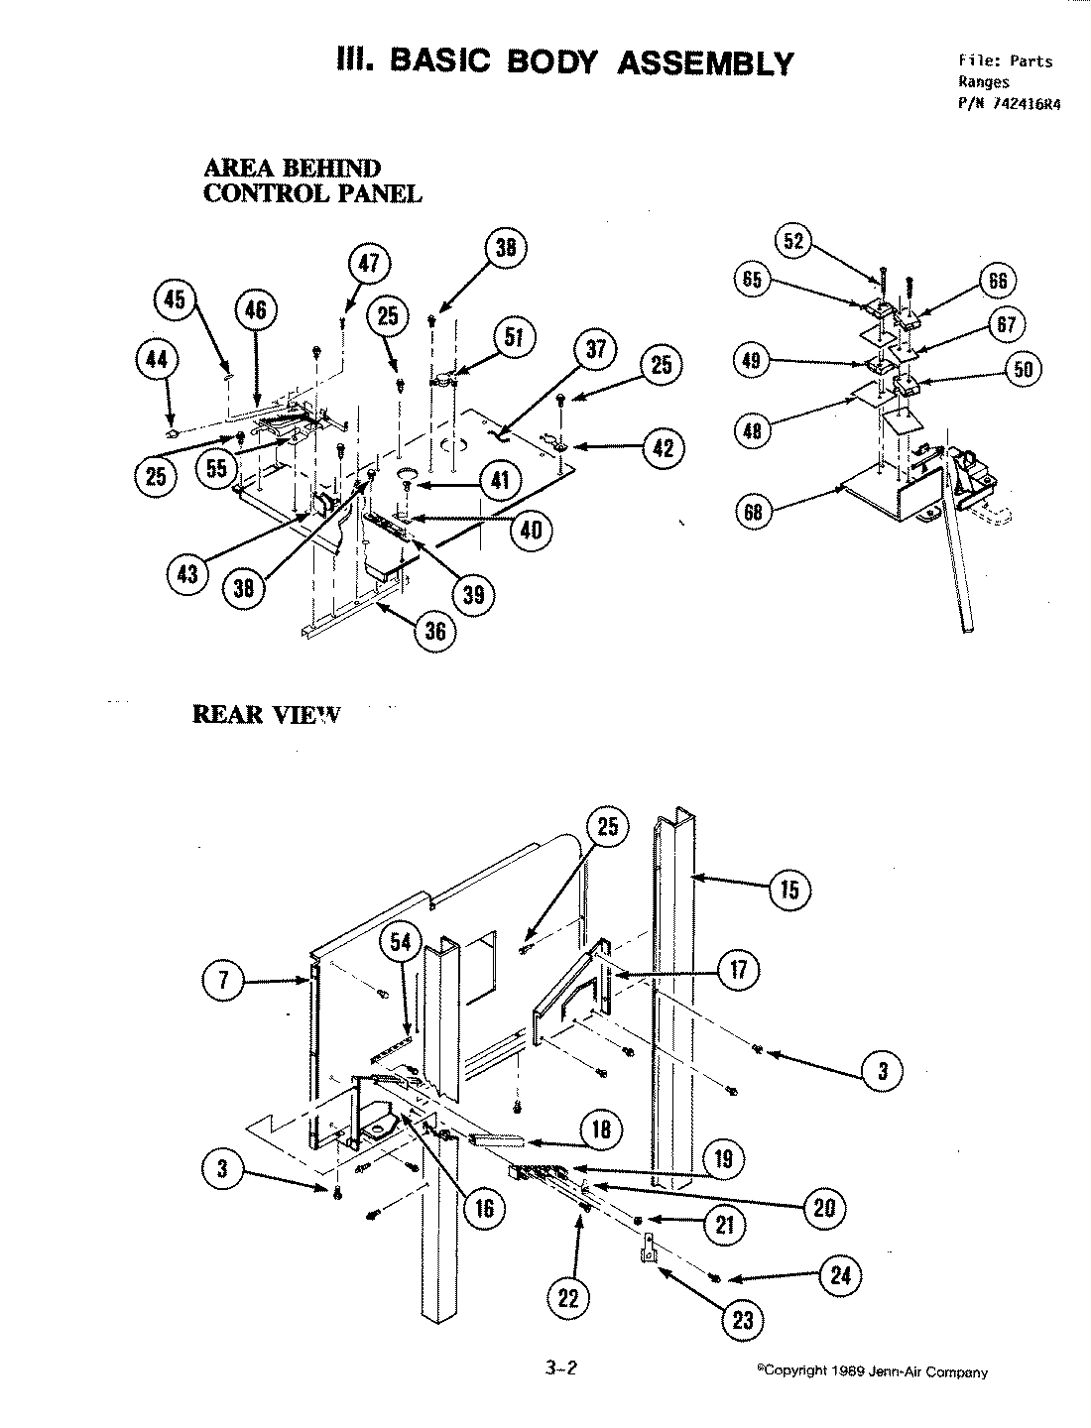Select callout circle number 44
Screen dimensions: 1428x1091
click(x=156, y=361)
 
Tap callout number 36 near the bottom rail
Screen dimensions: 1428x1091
click(x=435, y=632)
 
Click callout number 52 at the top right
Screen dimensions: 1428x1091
click(x=795, y=241)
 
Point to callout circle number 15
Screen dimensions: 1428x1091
click(x=788, y=889)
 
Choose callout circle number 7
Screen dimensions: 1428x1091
click(x=224, y=982)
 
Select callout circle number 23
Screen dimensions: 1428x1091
click(x=743, y=1320)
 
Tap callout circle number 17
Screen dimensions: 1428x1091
click(x=738, y=969)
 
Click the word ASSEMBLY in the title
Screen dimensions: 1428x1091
click(x=705, y=62)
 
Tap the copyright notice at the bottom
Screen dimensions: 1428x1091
click(x=872, y=1371)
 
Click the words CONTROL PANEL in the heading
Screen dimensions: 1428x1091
click(x=312, y=193)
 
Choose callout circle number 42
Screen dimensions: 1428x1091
click(x=663, y=448)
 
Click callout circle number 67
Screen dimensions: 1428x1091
click(x=1006, y=324)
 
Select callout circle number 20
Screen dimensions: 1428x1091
click(x=824, y=1207)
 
